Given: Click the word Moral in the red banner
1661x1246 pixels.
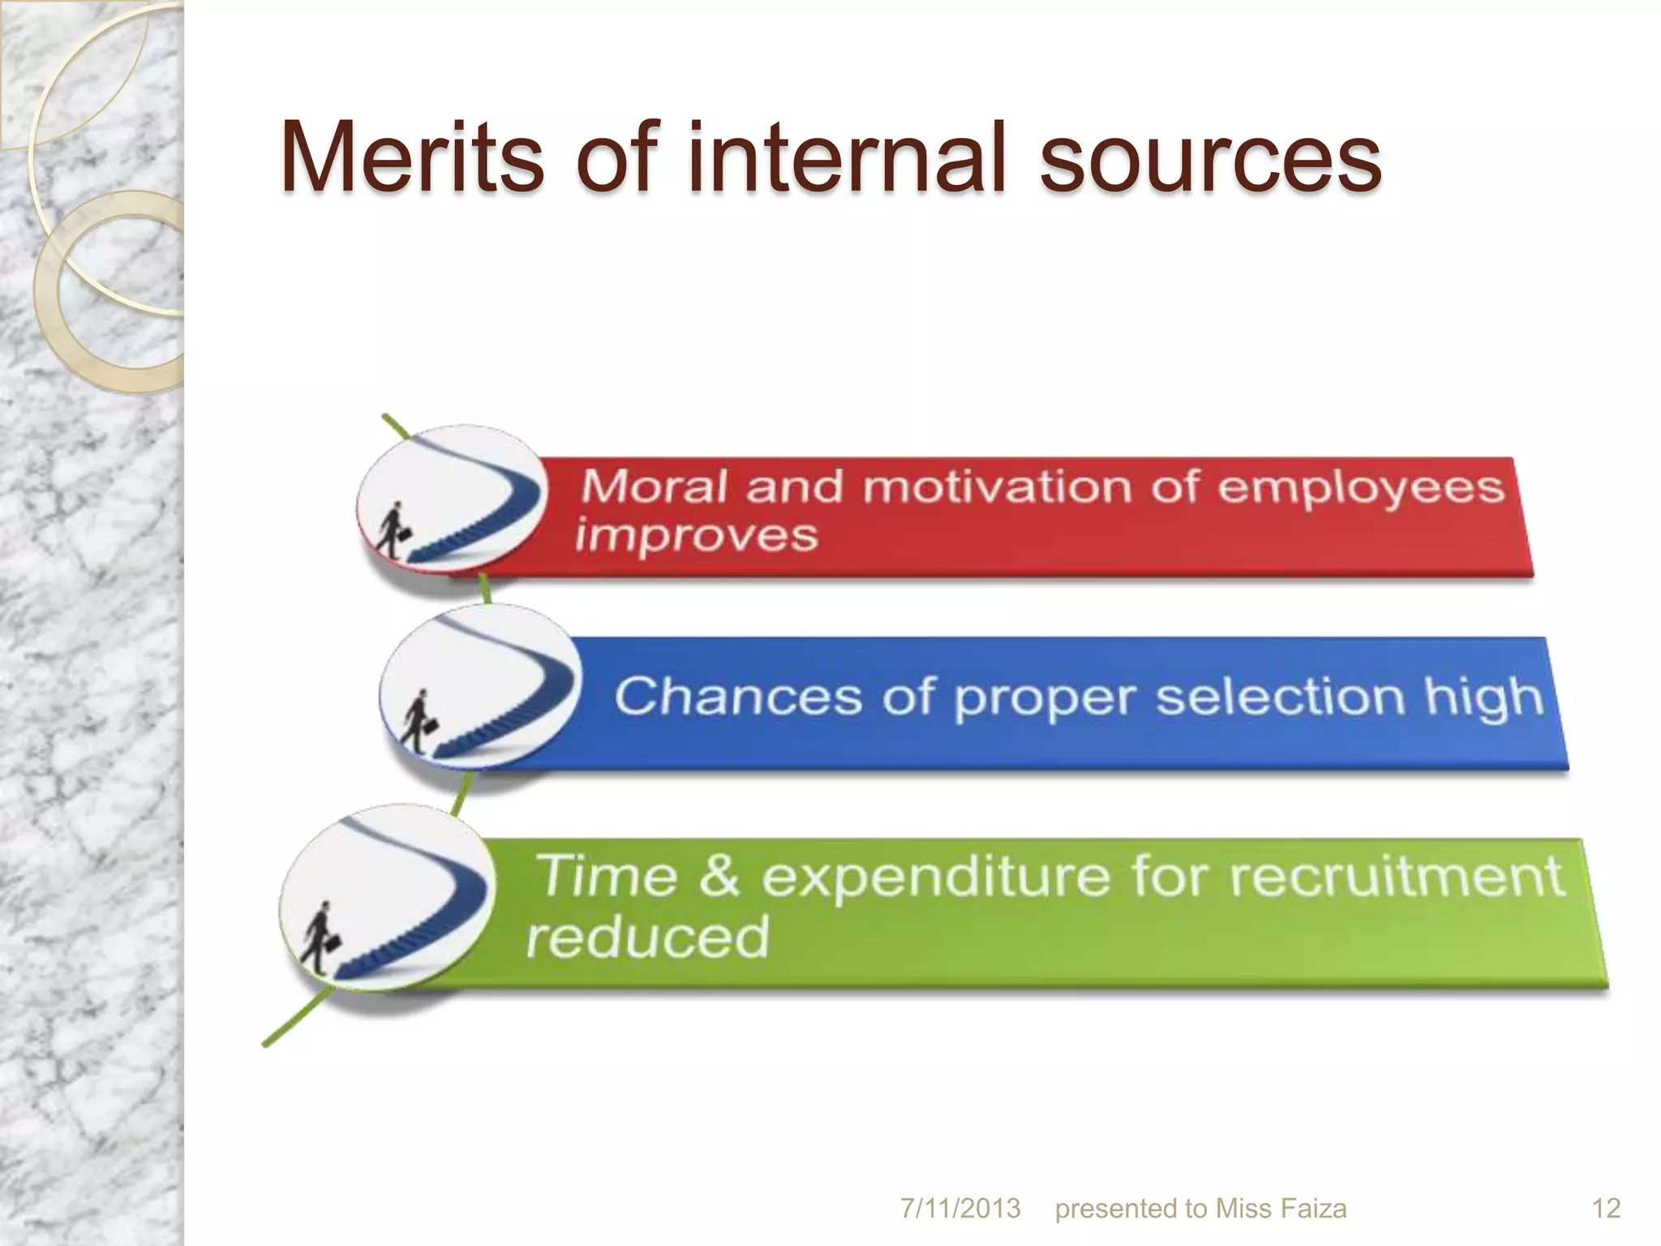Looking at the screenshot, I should click(654, 488).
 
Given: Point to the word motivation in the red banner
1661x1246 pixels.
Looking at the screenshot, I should click(996, 488).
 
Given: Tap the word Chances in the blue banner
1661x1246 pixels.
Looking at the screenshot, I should click(737, 696).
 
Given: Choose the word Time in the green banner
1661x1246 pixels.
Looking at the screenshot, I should click(607, 877).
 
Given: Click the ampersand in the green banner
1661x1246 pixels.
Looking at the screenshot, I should click(719, 877).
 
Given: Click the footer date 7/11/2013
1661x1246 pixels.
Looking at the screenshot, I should click(960, 1209).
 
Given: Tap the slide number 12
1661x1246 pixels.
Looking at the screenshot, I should click(1607, 1209).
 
